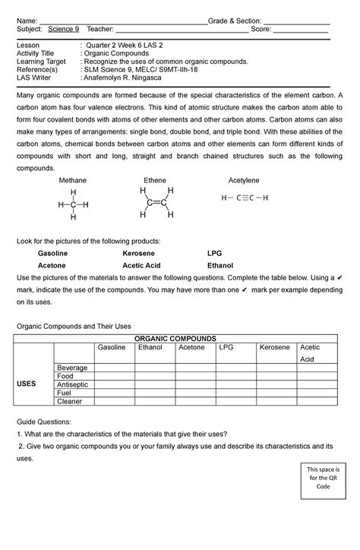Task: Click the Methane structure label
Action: [x=73, y=181]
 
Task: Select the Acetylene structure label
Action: [x=244, y=181]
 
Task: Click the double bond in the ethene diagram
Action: [x=156, y=203]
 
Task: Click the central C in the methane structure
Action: [x=73, y=205]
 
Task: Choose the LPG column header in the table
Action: [x=226, y=347]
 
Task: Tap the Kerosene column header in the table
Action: [x=274, y=347]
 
